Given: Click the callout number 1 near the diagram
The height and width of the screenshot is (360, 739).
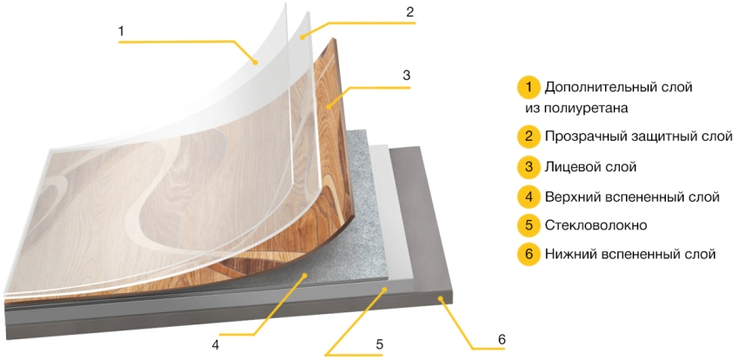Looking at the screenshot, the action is (x=121, y=31).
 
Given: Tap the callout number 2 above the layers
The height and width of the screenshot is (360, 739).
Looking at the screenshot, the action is (x=409, y=12).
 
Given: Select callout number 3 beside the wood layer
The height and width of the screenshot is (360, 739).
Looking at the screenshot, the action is (x=406, y=76).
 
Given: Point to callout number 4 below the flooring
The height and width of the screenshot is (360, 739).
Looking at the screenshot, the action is (x=216, y=345).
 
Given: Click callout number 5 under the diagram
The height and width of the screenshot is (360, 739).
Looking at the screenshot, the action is (x=379, y=344).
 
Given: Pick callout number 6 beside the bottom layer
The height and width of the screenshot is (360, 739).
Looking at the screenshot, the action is (x=502, y=339).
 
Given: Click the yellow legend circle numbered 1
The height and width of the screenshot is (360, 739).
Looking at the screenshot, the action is (x=529, y=88).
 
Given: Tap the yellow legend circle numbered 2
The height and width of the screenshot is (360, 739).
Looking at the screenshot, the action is (x=529, y=137).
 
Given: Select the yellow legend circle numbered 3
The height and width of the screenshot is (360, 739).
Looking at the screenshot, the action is (x=529, y=167).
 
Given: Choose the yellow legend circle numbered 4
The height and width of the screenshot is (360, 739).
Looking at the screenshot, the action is (x=529, y=197).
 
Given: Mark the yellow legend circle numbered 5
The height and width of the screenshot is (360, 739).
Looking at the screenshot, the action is (x=529, y=225).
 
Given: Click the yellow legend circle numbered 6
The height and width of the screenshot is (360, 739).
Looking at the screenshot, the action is (x=529, y=254).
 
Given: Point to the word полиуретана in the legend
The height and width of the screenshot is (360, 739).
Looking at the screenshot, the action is (x=586, y=109).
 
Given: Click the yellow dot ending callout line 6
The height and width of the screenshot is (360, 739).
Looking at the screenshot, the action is (x=439, y=298).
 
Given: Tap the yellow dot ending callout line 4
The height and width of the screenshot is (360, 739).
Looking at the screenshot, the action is (x=305, y=275).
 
